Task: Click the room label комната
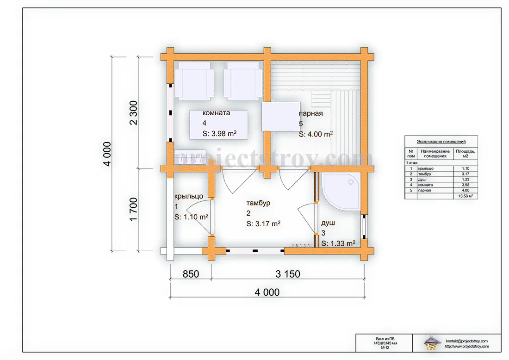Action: tap(216, 113)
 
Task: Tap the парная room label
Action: tap(310, 113)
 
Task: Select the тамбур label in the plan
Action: tap(258, 203)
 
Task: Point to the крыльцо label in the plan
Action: tap(189, 196)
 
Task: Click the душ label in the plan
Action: tap(328, 223)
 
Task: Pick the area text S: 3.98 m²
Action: tap(219, 133)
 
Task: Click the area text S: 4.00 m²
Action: tap(316, 134)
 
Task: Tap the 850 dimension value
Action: tap(191, 274)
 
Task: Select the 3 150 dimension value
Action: tap(288, 274)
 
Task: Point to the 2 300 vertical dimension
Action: tap(133, 113)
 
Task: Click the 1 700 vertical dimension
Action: tap(133, 209)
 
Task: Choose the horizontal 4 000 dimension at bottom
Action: tap(267, 292)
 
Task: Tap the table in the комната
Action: tap(218, 125)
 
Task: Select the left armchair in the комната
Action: tap(194, 81)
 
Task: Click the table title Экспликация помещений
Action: tap(441, 142)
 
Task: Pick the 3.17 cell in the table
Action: tap(466, 174)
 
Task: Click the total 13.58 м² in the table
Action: tap(466, 196)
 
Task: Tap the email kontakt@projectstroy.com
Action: tap(467, 341)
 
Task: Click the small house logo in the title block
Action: tap(432, 343)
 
